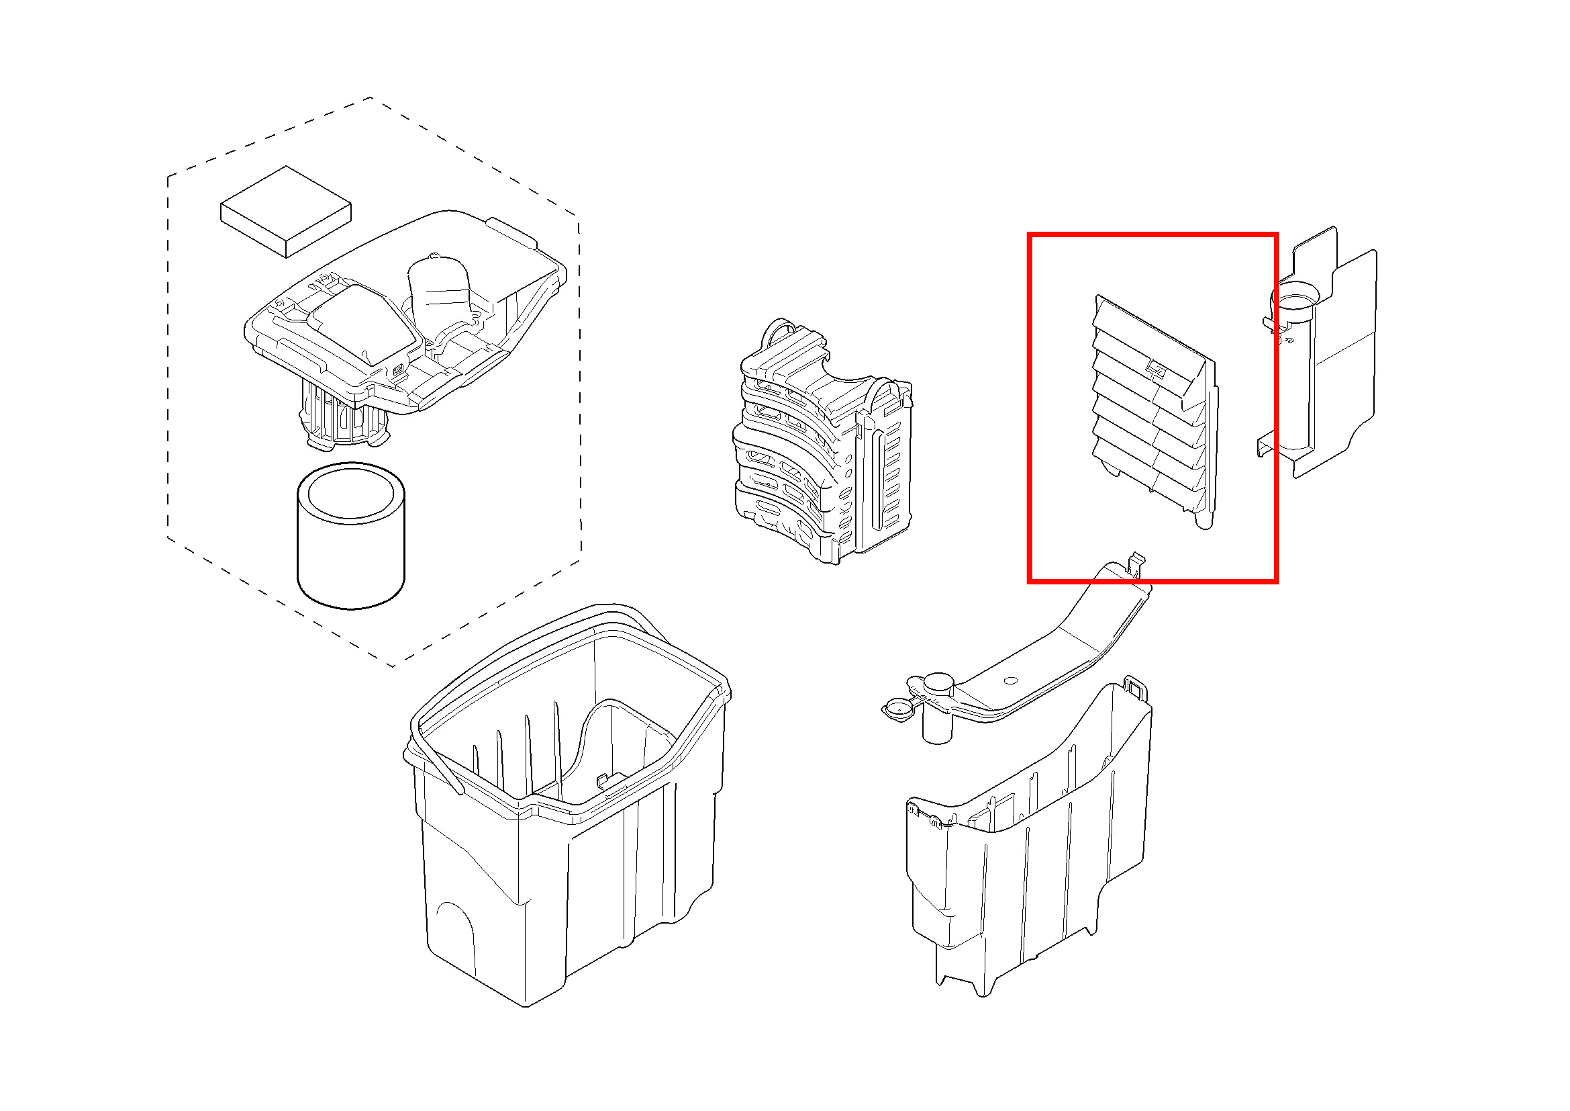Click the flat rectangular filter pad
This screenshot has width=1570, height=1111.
coord(286,212)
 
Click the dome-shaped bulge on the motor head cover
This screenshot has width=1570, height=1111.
coord(439,291)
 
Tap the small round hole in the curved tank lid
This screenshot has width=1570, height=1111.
coord(1013,680)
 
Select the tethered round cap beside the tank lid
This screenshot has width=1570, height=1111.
coord(898,711)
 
